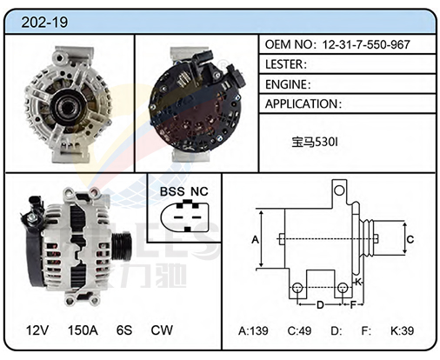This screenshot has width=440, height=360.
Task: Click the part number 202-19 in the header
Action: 44,23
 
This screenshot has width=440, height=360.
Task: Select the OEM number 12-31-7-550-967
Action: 366,44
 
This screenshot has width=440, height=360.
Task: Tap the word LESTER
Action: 284,64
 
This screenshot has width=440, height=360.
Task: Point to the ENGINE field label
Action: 286,84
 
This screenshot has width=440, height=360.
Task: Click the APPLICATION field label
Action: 302,103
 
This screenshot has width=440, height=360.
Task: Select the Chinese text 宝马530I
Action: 315,142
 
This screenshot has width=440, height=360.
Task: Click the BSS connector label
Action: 172,191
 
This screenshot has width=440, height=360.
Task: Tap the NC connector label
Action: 199,191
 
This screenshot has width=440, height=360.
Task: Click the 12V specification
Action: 37,330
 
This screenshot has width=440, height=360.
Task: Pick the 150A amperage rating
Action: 83,330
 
